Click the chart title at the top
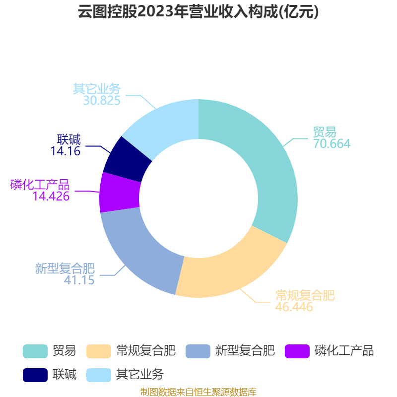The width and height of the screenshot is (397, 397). (198, 11)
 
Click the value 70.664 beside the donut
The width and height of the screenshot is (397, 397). (331, 144)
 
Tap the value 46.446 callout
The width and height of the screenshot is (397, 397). (294, 307)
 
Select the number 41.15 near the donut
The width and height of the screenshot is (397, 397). (79, 280)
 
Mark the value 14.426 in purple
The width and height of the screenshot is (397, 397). (51, 196)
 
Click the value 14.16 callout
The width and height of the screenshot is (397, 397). (66, 151)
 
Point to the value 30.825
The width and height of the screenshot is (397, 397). (102, 101)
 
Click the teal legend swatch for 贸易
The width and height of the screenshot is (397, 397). (35, 351)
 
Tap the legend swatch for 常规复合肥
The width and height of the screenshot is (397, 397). (99, 351)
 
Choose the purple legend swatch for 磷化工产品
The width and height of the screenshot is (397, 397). (297, 351)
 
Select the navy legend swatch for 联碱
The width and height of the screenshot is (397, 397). (35, 375)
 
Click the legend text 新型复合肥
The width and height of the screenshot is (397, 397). (245, 351)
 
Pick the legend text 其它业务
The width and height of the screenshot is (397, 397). (140, 375)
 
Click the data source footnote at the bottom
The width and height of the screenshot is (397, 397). (198, 392)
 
